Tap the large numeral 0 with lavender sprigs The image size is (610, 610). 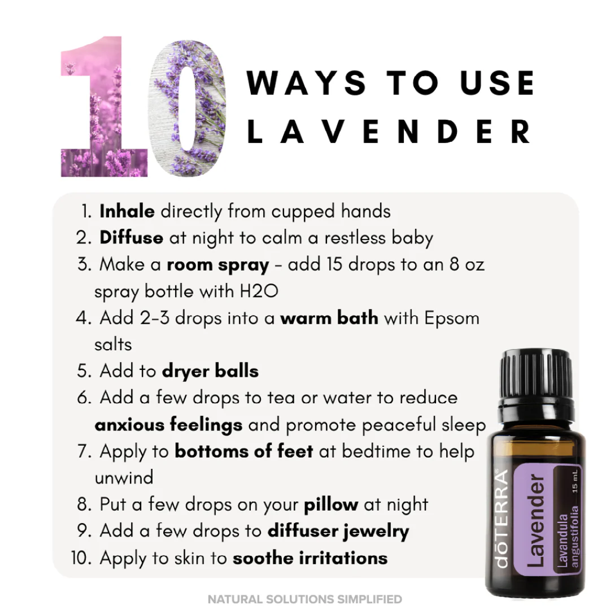pos(189,107)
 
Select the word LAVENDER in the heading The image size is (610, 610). pos(389,132)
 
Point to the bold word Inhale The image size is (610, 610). pos(127,211)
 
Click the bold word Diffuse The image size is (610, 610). pos(131,238)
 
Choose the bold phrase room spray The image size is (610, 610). pos(218,264)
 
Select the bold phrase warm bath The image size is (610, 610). pos(329,318)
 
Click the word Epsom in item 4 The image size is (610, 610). pos(451,318)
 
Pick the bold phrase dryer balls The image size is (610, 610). pos(210,371)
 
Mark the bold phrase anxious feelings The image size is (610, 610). pos(168,425)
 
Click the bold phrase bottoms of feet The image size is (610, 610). pos(244,451)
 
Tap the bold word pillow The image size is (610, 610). pos(331,504)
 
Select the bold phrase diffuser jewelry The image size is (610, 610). pos(338,531)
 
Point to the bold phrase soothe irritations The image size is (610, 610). pos(310,558)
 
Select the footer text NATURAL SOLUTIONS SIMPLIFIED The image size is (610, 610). pos(305,599)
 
